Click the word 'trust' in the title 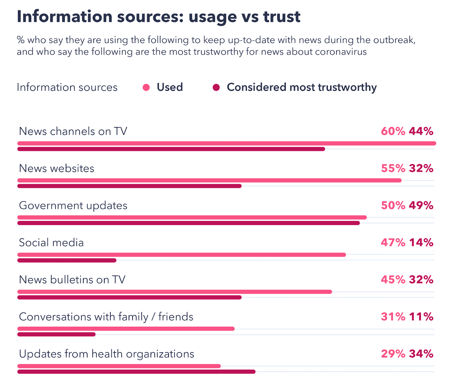pos(282,16)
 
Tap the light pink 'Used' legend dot pos(146,88)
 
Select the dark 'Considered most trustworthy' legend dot pos(216,88)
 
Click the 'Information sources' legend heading pos(67,87)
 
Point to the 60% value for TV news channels pos(393,131)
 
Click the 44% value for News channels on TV pos(421,131)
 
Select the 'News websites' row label pos(57,168)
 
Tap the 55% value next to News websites pos(393,168)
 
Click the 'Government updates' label pos(73,206)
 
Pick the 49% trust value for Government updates pos(421,206)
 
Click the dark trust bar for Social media pos(67,260)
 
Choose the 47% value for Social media pos(393,243)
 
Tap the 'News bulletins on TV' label pos(72,280)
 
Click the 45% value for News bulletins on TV pos(393,280)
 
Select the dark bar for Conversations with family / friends pos(56,334)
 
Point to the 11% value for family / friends pos(421,317)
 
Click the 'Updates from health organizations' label pos(106,354)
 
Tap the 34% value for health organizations pos(421,354)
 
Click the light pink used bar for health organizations pos(119,366)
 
